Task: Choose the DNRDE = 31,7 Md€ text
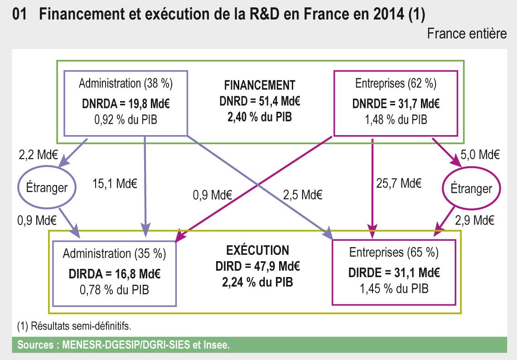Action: tap(395, 102)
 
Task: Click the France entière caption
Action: tap(467, 34)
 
